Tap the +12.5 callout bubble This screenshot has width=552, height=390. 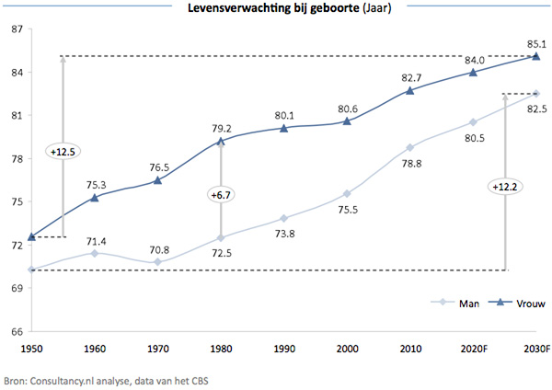(62, 149)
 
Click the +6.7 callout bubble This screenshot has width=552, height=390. (220, 195)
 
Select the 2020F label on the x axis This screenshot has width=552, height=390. (472, 350)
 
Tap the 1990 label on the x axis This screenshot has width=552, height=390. (283, 350)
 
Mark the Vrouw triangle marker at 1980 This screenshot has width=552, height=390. (221, 142)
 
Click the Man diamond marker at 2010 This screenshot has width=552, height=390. (409, 147)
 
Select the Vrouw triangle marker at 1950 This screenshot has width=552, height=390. (32, 237)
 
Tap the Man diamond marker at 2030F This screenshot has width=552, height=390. (535, 94)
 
